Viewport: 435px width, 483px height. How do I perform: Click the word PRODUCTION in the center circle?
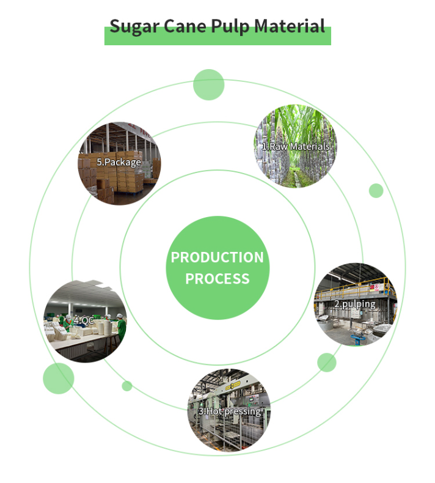click(x=217, y=257)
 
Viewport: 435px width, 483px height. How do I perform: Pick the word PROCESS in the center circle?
click(x=217, y=279)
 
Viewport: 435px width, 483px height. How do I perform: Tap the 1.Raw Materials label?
click(x=296, y=147)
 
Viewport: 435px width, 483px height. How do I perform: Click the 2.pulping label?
click(x=354, y=303)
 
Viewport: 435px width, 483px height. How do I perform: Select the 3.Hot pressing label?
click(x=229, y=411)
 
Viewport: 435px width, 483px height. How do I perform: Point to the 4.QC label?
click(x=84, y=320)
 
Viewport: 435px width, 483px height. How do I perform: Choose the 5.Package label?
click(x=119, y=162)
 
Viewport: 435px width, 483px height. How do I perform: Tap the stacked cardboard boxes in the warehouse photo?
click(x=131, y=177)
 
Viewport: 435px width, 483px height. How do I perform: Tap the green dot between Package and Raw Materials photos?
click(x=208, y=85)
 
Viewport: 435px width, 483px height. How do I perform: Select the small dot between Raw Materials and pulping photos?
click(x=376, y=191)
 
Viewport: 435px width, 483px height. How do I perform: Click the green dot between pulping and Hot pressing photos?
click(x=327, y=363)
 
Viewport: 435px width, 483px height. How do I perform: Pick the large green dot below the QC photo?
click(x=58, y=378)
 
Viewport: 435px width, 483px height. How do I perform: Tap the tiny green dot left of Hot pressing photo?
click(x=127, y=386)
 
